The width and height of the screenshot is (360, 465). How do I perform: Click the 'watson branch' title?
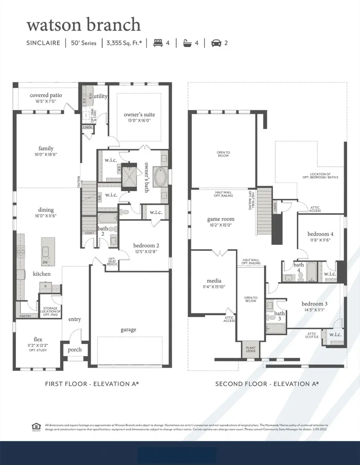pos(84,25)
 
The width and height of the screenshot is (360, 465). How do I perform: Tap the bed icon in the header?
pos(158,42)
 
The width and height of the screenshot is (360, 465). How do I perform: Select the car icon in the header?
pos(216,42)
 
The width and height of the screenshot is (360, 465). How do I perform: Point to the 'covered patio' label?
pos(46,95)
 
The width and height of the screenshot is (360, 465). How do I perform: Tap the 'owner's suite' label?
pos(139,115)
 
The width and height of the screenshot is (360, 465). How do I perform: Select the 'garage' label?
pos(128,330)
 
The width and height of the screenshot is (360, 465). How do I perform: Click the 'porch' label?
pos(74,349)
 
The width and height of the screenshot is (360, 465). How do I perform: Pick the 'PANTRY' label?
pos(25,316)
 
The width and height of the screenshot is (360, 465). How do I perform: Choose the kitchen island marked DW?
pos(48,253)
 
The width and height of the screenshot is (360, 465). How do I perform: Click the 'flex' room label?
pos(38,339)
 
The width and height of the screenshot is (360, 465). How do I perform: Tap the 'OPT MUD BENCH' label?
pos(112,262)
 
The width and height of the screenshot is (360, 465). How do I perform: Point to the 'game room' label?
pos(221,219)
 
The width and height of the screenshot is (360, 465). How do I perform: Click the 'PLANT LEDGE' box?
pos(251,350)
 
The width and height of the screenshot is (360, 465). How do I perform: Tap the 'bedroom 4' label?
pos(320,234)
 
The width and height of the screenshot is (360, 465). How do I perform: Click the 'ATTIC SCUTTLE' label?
pos(312,335)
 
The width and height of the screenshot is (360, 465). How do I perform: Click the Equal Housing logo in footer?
pos(36,427)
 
